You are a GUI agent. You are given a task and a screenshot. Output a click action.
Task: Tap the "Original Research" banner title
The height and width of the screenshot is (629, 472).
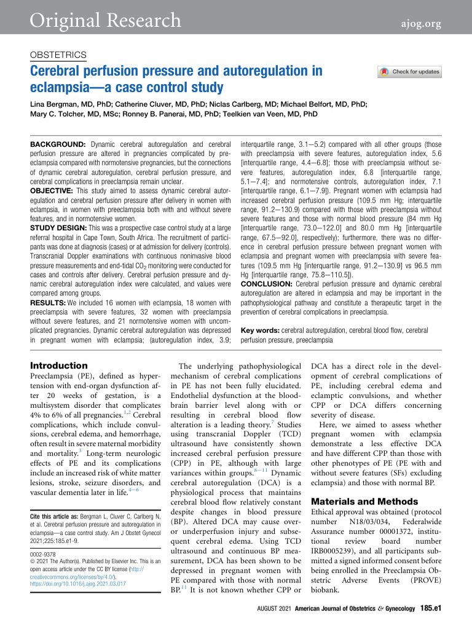[x=102, y=21]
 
